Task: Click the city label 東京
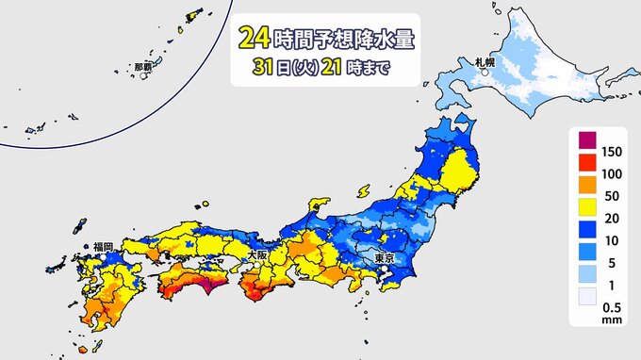383,259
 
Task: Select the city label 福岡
103,247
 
